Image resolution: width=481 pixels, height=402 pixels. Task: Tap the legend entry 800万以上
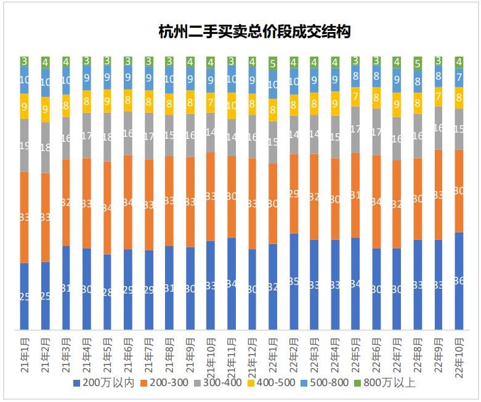click(390, 384)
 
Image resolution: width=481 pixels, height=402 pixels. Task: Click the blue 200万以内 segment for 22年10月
click(458, 281)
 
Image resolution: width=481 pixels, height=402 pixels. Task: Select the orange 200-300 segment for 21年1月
click(25, 217)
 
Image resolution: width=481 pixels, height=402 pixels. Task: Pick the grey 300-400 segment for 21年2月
click(46, 147)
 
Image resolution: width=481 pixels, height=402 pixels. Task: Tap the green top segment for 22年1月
click(273, 62)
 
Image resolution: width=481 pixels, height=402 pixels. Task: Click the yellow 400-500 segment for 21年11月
click(232, 105)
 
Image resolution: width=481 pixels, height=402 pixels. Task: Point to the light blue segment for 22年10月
click(458, 78)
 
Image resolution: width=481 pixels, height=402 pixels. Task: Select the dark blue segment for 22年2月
click(294, 281)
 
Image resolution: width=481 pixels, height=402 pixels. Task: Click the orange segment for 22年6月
click(376, 202)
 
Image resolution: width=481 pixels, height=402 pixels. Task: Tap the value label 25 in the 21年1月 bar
click(25, 296)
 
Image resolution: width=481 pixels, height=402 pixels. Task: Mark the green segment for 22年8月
click(417, 63)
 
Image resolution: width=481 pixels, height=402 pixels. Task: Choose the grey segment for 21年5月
click(108, 137)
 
